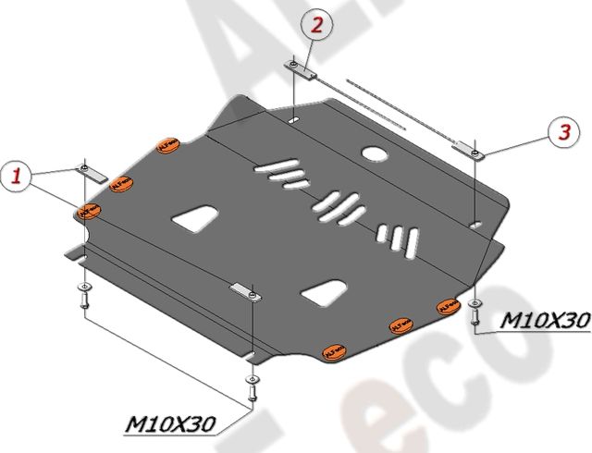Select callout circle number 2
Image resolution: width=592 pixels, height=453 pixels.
click(x=316, y=26)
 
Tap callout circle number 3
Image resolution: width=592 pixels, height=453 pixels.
click(x=561, y=133)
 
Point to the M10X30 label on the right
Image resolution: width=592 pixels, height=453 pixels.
click(x=544, y=320)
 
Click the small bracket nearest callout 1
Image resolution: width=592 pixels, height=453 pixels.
click(x=92, y=172)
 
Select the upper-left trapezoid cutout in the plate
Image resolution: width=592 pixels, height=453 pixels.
click(x=196, y=217)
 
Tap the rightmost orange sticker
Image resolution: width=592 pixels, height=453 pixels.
click(x=449, y=305)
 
